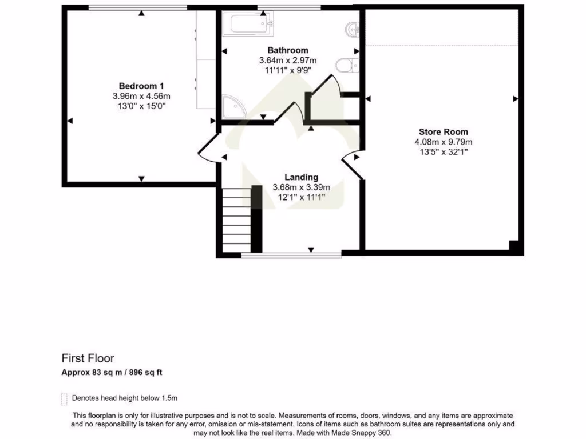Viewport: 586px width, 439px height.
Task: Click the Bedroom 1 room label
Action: coord(141,86)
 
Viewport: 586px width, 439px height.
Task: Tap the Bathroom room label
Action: coord(288,50)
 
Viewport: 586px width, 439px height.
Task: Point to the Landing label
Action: coord(301,177)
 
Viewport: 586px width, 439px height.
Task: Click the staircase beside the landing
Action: coord(236,220)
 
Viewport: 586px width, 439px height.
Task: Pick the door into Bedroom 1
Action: coord(207,150)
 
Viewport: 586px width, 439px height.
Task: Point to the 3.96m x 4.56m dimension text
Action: coord(141,96)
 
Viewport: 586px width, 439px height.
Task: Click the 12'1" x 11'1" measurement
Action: coord(301,197)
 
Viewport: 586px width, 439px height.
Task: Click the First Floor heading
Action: coord(88,358)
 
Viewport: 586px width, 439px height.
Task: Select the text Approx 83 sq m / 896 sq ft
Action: coord(112,373)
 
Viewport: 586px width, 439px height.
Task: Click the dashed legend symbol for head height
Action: coord(64,398)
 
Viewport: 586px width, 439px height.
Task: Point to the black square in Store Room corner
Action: coord(514,248)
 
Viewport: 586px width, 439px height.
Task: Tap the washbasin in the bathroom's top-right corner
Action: coord(352,27)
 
